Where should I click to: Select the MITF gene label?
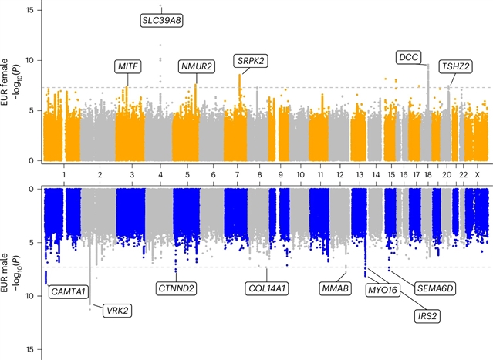[127, 66]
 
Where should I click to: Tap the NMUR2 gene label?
[197, 66]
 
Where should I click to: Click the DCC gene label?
[408, 56]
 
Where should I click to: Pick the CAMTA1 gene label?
[68, 291]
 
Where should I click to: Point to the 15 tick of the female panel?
[31, 10]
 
